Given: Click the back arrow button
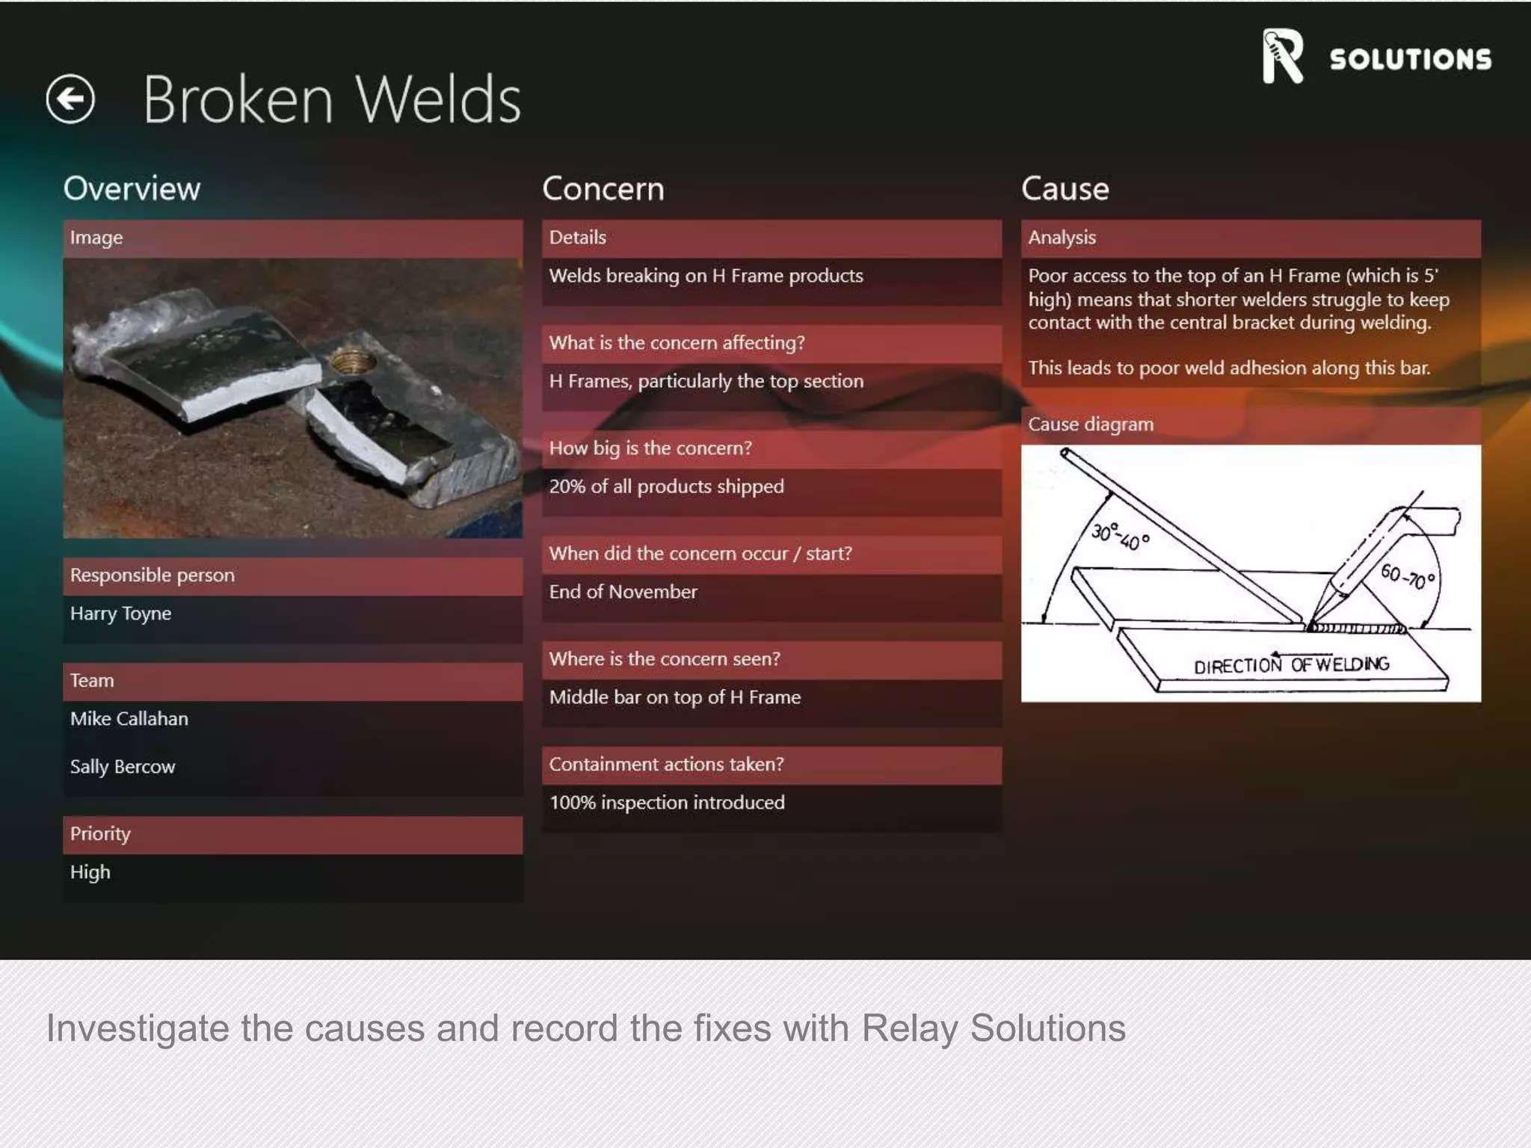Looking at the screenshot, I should (70, 99).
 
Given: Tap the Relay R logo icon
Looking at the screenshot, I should (1282, 56).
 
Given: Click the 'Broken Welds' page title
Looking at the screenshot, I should (331, 99).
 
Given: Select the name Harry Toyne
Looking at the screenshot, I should (120, 614).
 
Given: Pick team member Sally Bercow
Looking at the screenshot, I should (123, 767).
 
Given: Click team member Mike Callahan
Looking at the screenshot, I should (129, 719).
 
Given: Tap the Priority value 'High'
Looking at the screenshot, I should (90, 872).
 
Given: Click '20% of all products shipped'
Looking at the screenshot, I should (666, 487).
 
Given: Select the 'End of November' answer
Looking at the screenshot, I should (623, 592).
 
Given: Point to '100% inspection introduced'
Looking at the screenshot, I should (667, 803).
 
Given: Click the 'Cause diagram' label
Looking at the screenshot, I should (1090, 425).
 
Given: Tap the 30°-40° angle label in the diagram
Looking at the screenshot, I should (1119, 536).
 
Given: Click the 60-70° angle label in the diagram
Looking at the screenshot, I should (1407, 576).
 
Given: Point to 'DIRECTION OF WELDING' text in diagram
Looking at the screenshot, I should (1291, 664).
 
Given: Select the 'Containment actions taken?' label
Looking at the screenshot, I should (666, 765).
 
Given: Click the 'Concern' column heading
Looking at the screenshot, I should (603, 188).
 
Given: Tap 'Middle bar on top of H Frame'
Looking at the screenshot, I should (674, 697).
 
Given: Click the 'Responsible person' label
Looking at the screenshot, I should (152, 575).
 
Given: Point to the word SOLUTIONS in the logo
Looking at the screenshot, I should (1410, 60).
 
